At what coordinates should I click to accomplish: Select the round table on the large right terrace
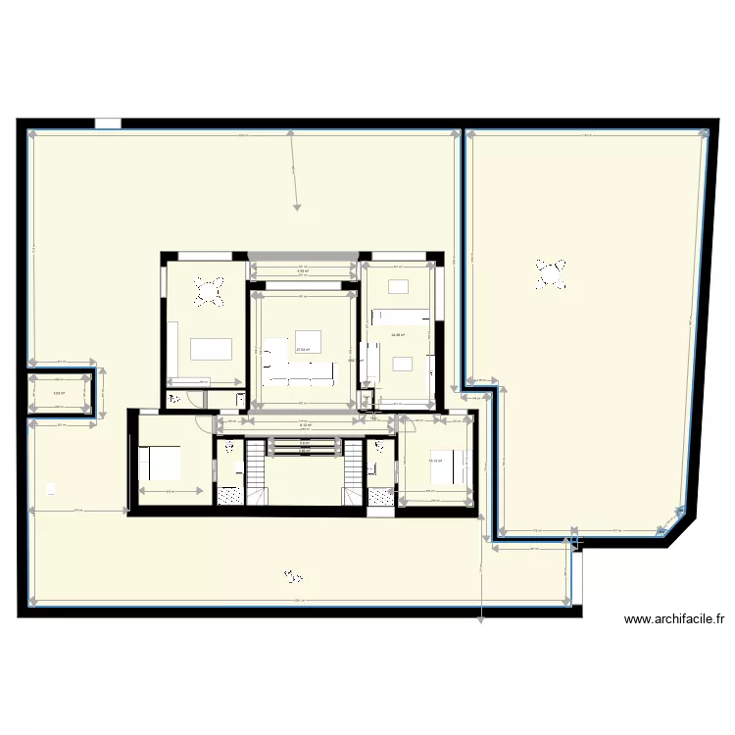pyautogui.click(x=551, y=273)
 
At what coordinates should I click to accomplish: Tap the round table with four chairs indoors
pyautogui.click(x=211, y=291)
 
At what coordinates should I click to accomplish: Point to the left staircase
pyautogui.click(x=255, y=472)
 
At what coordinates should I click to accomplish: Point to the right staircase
pyautogui.click(x=353, y=472)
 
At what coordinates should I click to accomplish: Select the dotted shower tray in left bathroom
pyautogui.click(x=229, y=496)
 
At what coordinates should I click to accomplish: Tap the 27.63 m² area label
pyautogui.click(x=303, y=349)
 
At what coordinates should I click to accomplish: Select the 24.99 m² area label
pyautogui.click(x=398, y=335)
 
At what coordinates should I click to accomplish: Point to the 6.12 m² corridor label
pyautogui.click(x=305, y=425)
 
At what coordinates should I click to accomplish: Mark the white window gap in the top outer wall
pyautogui.click(x=108, y=124)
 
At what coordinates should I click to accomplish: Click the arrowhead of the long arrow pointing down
pyautogui.click(x=297, y=207)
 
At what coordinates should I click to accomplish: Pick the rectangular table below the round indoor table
pyautogui.click(x=211, y=348)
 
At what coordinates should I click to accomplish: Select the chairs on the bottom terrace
pyautogui.click(x=290, y=574)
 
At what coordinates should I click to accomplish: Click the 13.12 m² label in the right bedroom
pyautogui.click(x=434, y=461)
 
